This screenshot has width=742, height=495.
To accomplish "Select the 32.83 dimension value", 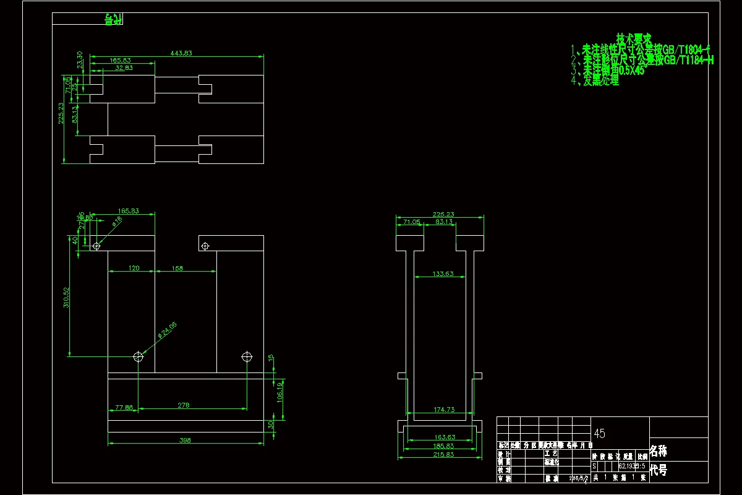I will pos(123,68).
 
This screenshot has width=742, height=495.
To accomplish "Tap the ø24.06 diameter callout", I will pos(167,330).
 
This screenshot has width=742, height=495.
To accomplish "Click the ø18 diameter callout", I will pos(117,221).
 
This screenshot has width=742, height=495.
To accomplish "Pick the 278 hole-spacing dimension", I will pos(183,405).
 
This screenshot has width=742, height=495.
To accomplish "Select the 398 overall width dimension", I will pos(184,441).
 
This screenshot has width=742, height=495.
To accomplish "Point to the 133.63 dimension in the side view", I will pos(443,273).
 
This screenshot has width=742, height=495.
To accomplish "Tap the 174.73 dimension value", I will pos(443,410).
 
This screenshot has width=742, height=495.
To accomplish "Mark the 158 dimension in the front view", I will pos(177,268).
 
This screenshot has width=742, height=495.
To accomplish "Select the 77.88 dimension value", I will pos(124,407).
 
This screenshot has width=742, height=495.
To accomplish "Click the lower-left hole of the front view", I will pos(139,357).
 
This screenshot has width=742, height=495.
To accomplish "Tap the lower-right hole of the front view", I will pos(247,357).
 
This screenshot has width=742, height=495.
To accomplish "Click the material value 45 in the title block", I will pos(599,434).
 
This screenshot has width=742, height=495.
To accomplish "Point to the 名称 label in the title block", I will pos(659,451).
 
